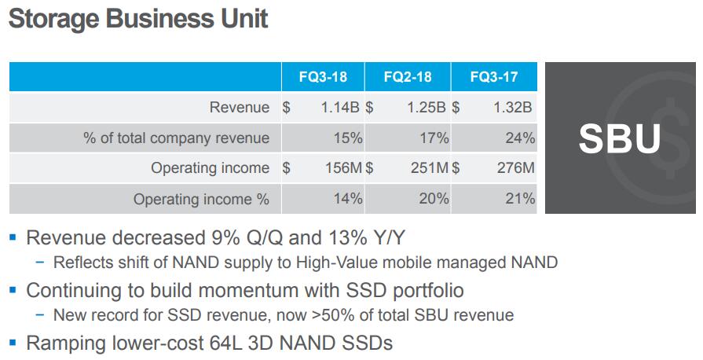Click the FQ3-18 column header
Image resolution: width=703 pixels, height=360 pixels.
[322, 78]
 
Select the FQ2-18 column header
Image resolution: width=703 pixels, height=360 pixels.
[408, 78]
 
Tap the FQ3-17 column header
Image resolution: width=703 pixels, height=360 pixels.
[494, 78]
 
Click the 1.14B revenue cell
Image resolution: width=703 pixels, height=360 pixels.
[340, 108]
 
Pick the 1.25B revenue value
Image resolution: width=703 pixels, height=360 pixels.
[427, 108]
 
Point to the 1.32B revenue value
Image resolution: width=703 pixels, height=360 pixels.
[514, 108]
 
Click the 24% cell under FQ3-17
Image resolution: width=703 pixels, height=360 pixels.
[520, 138]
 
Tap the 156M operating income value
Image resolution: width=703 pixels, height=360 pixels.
[342, 168]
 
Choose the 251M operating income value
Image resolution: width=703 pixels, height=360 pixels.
[430, 168]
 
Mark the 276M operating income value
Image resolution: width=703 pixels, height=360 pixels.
[516, 168]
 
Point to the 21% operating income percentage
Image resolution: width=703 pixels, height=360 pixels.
[520, 199]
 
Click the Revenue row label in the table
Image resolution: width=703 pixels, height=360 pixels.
[239, 108]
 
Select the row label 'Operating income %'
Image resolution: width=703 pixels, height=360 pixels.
[201, 199]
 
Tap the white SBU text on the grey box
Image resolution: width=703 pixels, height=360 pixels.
[619, 138]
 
